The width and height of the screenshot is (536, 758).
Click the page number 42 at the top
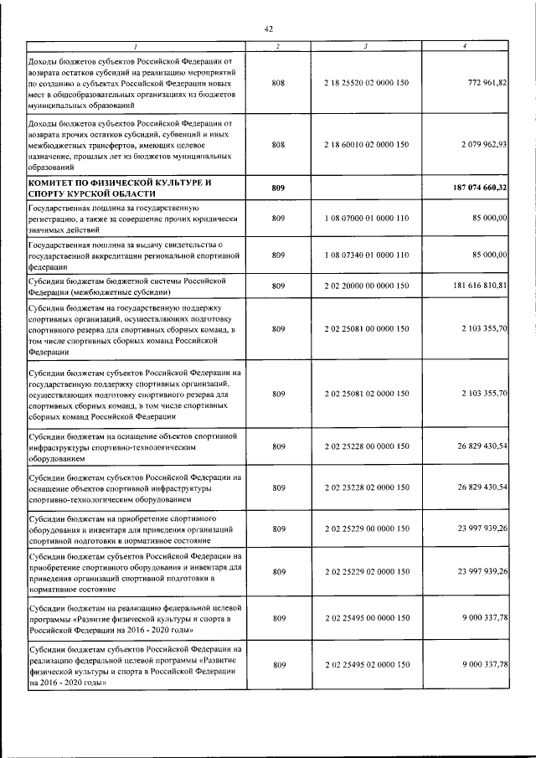(268, 28)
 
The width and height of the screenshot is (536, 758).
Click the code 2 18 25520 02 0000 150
(366, 85)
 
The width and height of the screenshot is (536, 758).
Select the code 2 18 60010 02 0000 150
(366, 145)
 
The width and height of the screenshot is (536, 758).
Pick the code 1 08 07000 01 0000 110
(366, 219)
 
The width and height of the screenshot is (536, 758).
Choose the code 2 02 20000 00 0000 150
(366, 286)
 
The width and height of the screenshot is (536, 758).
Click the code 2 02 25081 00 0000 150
(366, 330)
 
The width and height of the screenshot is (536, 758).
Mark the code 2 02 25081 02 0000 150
(366, 394)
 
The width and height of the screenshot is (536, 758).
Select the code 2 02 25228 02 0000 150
(366, 487)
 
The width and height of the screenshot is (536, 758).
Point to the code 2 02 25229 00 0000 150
(366, 529)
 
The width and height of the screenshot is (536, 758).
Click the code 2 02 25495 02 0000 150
(366, 664)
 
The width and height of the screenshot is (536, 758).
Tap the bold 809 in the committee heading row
(279, 188)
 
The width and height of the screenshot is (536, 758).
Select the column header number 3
(366, 45)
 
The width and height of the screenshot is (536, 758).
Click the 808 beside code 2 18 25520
(279, 85)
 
